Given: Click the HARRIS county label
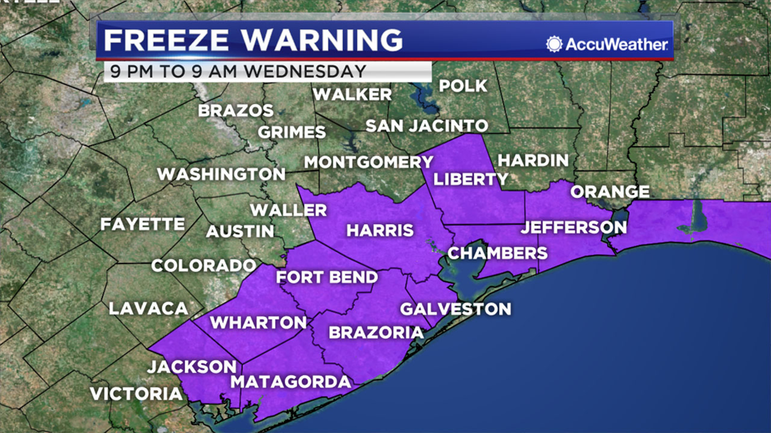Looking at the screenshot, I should (x=380, y=230).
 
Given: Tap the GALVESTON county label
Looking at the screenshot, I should (x=455, y=309).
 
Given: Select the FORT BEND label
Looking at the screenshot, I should (x=327, y=277).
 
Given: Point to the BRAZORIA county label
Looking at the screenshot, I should (x=376, y=332).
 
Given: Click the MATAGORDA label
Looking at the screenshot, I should (x=291, y=382).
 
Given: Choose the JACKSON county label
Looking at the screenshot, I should (x=192, y=367).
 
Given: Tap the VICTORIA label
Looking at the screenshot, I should (x=136, y=394).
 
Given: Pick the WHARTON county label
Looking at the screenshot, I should (x=258, y=322).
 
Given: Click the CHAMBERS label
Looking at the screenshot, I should (x=497, y=253).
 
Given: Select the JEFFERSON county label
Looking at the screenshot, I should (x=573, y=227).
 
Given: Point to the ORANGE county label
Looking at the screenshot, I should (x=610, y=191).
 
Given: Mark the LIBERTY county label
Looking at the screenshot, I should (x=470, y=179).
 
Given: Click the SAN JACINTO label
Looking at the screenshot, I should (x=426, y=126).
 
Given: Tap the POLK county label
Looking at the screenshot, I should (x=463, y=86).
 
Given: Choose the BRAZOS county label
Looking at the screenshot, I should (x=236, y=111).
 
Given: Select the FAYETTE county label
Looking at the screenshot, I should (x=143, y=224).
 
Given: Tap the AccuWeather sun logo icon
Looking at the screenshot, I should (x=554, y=44).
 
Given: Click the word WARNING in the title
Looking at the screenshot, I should (x=322, y=40).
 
